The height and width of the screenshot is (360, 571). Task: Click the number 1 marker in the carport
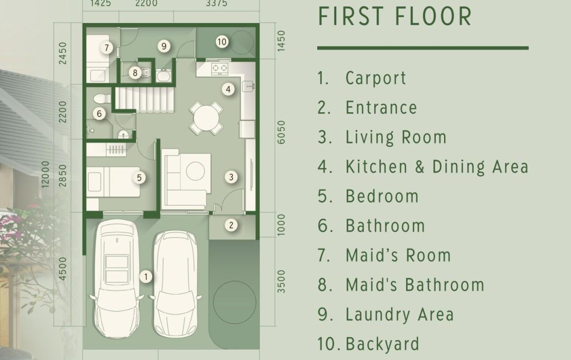[146, 277]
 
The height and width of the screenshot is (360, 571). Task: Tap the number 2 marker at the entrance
[231, 225]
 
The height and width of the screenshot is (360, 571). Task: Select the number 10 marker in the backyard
[222, 42]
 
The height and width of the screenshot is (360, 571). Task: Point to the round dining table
[206, 118]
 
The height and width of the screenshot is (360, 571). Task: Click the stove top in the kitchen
[220, 68]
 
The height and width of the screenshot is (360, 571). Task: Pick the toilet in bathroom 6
[102, 98]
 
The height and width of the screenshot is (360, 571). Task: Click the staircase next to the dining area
[145, 99]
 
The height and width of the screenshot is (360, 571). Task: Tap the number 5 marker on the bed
[139, 178]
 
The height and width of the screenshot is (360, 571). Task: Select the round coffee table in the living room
[196, 171]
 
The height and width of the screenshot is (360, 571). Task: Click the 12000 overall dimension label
[45, 174]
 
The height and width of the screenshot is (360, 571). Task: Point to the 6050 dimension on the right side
[281, 132]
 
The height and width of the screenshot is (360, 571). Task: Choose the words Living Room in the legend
[396, 138]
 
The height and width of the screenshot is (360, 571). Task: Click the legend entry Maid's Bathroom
[415, 285]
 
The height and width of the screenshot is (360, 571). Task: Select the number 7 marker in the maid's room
[106, 47]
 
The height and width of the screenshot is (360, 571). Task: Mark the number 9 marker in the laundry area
[164, 46]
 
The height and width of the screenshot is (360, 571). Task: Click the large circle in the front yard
[235, 302]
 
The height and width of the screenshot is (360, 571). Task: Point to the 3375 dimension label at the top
[216, 3]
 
